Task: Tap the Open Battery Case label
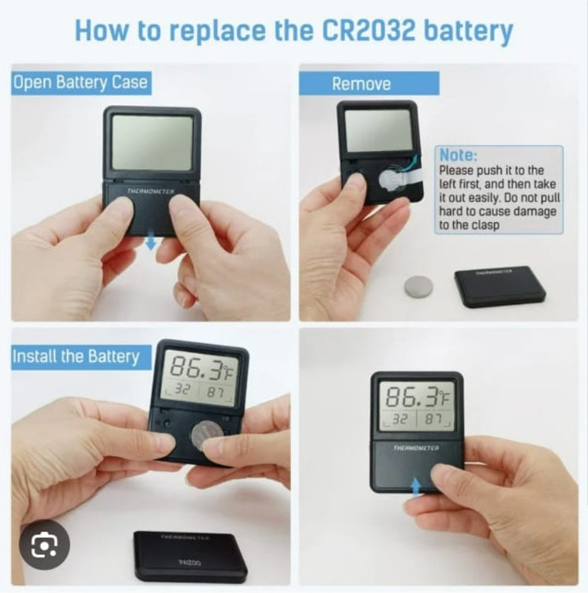pyautogui.click(x=80, y=83)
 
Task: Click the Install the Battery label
pyautogui.click(x=76, y=357)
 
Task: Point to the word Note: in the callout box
pyautogui.click(x=458, y=155)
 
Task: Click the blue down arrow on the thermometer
pyautogui.click(x=151, y=239)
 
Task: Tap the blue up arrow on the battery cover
pyautogui.click(x=415, y=487)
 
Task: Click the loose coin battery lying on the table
pyautogui.click(x=418, y=287)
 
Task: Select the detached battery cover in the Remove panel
pyautogui.click(x=500, y=286)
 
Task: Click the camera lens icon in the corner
pyautogui.click(x=44, y=544)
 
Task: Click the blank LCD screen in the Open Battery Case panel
pyautogui.click(x=153, y=142)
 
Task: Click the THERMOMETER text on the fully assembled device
pyautogui.click(x=416, y=448)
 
